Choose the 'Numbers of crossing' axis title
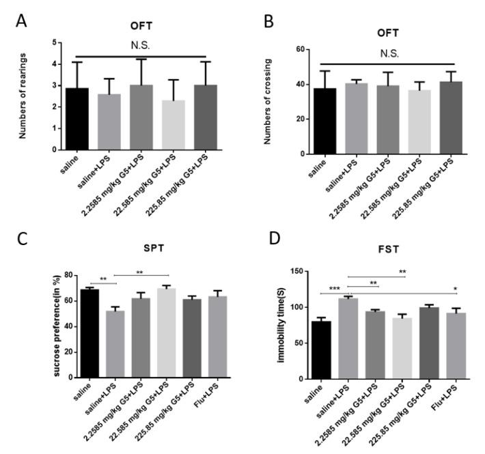pos(279,101)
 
